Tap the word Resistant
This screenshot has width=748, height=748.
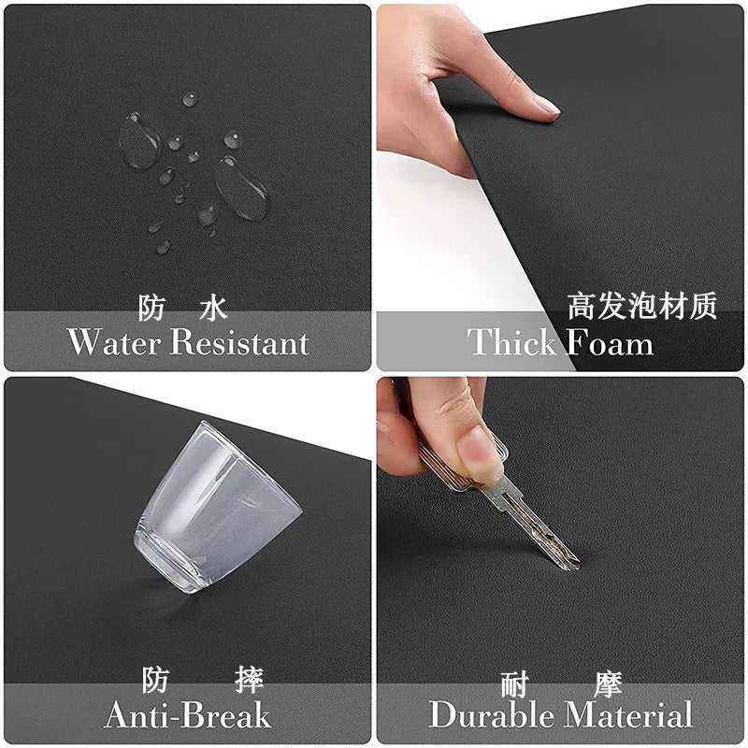239,342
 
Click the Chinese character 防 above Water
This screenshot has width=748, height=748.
152,308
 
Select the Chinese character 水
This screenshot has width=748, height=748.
213,308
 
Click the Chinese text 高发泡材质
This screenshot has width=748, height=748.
641,307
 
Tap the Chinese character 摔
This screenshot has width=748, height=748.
249,680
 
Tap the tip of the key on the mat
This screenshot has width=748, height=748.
572,564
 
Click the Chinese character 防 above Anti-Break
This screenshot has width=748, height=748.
156,680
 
